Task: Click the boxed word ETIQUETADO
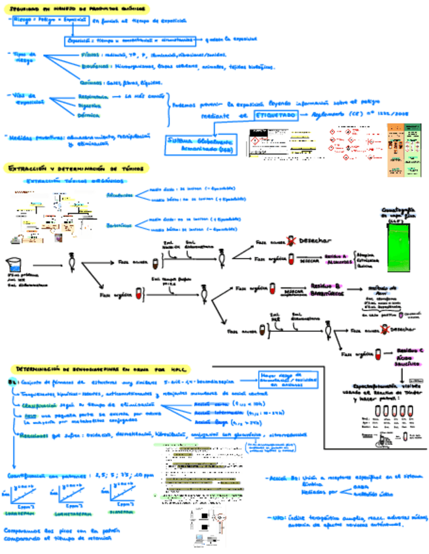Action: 275,114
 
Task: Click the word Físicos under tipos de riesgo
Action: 91,55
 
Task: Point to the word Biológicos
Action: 96,66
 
